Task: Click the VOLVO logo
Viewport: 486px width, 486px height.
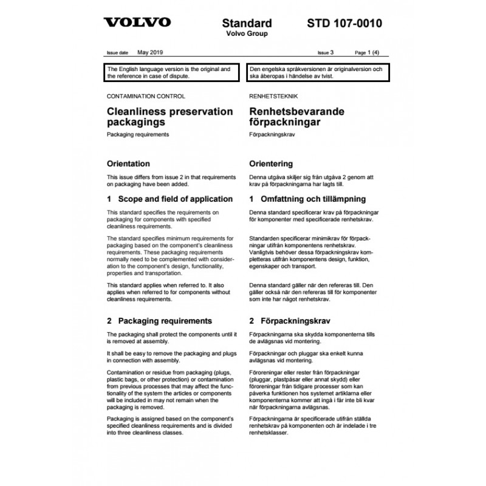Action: (137, 23)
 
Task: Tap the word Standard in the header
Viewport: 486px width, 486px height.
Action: (247, 23)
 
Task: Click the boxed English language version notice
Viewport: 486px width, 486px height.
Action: (171, 74)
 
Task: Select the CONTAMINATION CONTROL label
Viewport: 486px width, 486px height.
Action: (146, 96)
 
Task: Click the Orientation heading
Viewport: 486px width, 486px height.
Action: (128, 163)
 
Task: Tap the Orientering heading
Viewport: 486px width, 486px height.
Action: (272, 163)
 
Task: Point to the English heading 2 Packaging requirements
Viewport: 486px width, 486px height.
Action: (159, 320)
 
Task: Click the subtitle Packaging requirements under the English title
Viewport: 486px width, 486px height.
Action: (137, 134)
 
